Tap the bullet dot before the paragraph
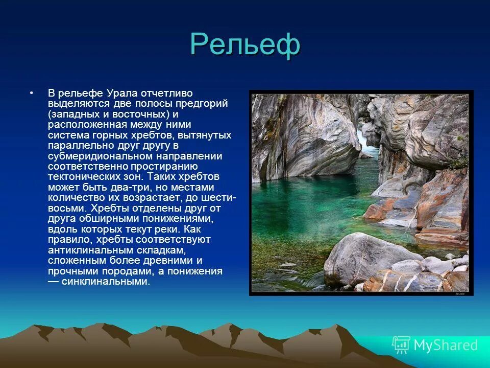click(32, 94)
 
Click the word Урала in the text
click(121, 94)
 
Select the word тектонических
click(84, 177)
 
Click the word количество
click(74, 198)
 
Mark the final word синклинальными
click(106, 281)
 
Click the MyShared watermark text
click(446, 345)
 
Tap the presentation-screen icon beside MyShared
click(401, 345)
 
